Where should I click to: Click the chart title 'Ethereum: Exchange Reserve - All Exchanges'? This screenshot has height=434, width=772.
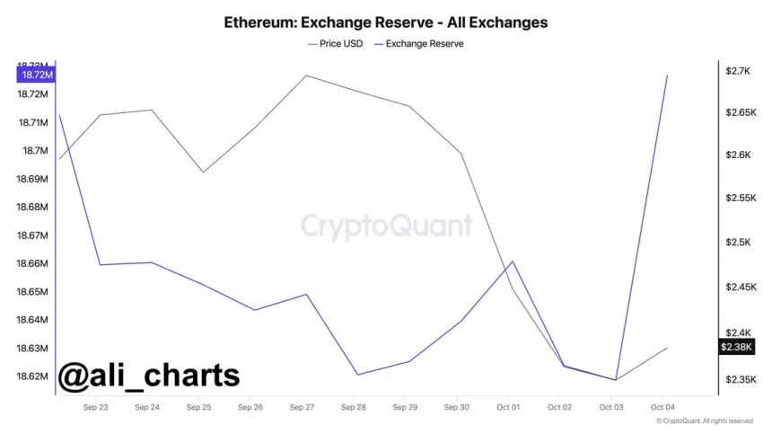(x=386, y=22)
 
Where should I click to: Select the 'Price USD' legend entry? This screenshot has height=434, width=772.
(x=335, y=43)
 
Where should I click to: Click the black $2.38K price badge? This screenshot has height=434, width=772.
(x=738, y=347)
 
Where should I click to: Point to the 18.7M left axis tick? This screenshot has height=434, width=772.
(x=36, y=151)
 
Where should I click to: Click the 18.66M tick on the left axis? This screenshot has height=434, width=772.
(x=32, y=263)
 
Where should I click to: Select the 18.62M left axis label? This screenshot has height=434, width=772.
(x=32, y=376)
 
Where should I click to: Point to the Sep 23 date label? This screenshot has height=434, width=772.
(x=95, y=407)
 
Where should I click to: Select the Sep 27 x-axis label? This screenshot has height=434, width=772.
(x=302, y=407)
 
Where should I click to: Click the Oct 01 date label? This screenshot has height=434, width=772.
(x=508, y=407)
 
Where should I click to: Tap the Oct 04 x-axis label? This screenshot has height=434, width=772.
(x=662, y=407)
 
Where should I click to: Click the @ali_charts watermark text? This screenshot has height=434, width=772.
(x=149, y=375)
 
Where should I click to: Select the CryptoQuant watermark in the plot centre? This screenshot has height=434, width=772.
(x=386, y=225)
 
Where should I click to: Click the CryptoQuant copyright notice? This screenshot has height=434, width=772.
(x=704, y=421)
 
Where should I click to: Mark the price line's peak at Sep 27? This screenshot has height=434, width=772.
(x=306, y=75)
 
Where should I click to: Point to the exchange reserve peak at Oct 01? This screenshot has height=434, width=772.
(x=512, y=261)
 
